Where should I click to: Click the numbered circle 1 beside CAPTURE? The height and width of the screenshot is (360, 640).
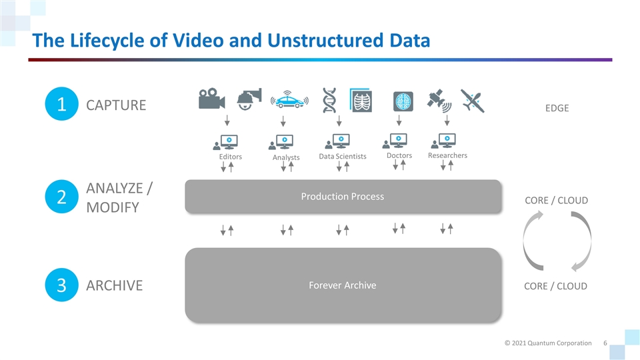point(61,105)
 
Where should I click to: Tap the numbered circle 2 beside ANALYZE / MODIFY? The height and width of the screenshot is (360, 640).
point(61,197)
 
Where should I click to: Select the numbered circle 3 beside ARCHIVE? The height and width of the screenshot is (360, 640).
point(61,285)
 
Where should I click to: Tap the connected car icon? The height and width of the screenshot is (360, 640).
point(289,100)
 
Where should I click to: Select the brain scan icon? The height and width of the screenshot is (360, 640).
point(403,100)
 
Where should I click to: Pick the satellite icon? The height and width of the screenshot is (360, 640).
point(440,100)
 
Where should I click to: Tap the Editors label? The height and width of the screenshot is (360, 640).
point(231,157)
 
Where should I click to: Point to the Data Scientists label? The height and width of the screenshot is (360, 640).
point(343,157)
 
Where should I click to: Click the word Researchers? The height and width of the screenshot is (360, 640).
point(447,155)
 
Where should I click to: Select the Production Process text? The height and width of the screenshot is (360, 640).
point(342,196)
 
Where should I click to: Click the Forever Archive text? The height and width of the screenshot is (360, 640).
point(342,285)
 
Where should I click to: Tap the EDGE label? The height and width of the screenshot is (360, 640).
point(557,108)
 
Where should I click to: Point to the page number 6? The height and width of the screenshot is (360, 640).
point(604,343)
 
